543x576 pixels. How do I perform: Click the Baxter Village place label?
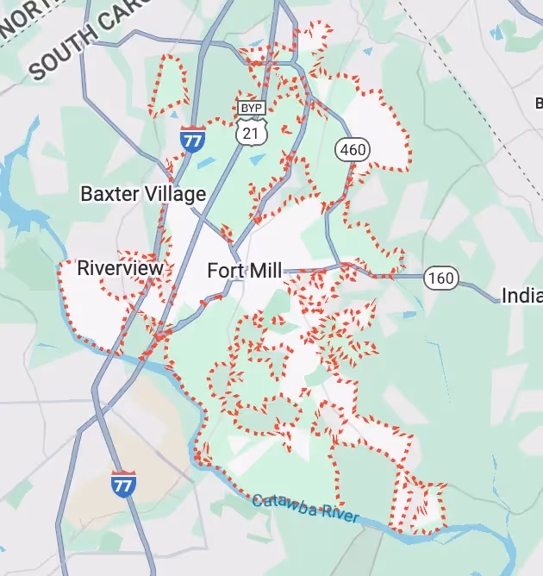143,193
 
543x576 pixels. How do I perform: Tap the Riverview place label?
120,268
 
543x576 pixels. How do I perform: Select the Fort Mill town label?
244,271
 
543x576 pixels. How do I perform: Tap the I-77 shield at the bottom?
123,483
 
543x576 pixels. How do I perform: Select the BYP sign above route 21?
250,108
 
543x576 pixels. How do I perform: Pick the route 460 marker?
352,149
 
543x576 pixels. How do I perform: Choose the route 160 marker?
440,278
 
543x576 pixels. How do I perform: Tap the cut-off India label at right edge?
521,296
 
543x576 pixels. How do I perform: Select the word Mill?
265,271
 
